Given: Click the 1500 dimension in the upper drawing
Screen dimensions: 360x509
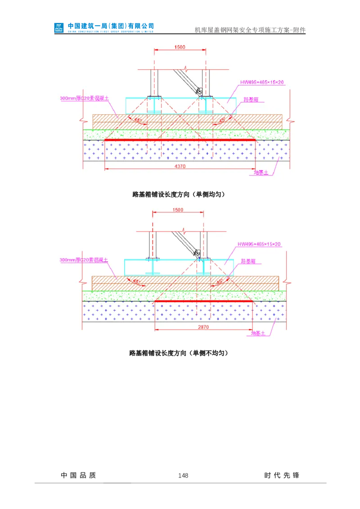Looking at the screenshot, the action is [180, 47].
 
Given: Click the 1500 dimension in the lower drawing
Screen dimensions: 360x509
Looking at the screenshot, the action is [178, 210].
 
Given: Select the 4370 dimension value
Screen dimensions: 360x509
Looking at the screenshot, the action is [180, 166].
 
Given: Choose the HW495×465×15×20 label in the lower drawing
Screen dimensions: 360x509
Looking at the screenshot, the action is [259, 244].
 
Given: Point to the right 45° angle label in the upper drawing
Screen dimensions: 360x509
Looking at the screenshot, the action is [221, 120].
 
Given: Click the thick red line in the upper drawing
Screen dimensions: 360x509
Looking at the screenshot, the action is [180, 140].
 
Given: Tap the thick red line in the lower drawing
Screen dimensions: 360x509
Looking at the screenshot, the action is [203, 301].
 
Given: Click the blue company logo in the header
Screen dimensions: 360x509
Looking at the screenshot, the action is [59, 27].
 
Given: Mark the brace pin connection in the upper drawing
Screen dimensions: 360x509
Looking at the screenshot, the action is [199, 93].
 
